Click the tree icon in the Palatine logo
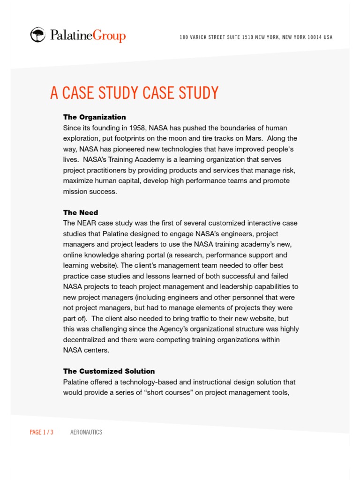tap(38, 35)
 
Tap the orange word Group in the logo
tap(109, 36)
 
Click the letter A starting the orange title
tap(54, 93)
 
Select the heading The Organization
tap(94, 117)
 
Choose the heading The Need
tap(81, 212)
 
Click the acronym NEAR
tap(87, 223)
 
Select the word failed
tap(277, 276)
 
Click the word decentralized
tap(86, 339)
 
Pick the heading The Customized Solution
tap(109, 371)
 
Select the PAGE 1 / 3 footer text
tap(41, 432)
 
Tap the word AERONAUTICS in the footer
tap(86, 432)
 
